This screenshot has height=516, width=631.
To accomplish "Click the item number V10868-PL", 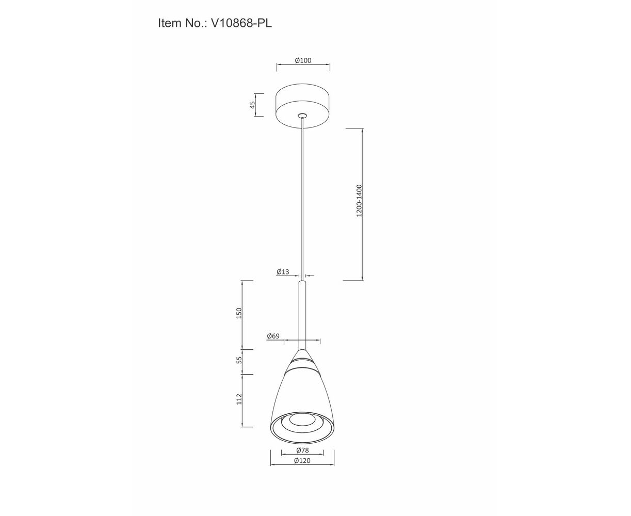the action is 241,23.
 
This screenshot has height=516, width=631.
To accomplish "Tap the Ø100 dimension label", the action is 303,60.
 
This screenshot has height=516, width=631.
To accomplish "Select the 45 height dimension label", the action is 252,105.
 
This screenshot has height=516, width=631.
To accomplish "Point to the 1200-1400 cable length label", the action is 359,201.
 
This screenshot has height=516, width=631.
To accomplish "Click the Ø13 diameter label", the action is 283,271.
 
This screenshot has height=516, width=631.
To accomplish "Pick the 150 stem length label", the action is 239,313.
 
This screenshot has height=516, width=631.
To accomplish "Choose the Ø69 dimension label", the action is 273,336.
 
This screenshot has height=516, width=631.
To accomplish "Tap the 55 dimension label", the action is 239,360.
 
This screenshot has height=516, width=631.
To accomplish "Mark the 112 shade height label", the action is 239,399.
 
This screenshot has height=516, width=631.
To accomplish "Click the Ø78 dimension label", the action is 302,450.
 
